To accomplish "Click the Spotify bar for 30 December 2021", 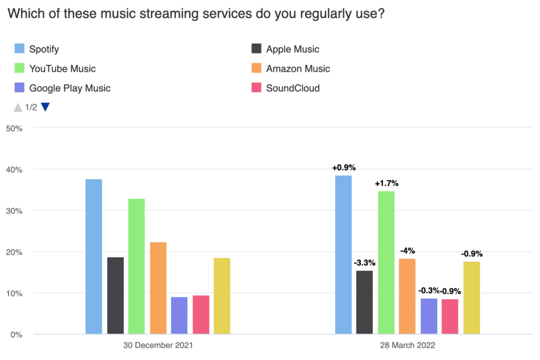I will [93, 257].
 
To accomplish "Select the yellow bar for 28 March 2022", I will [471, 298].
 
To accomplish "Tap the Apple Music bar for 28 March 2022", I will [364, 303].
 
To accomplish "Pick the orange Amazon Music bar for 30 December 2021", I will [158, 288].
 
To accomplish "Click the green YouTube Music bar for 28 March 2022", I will [386, 262].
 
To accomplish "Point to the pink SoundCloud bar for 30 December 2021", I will [201, 315].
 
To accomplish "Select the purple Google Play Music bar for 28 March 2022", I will [429, 316].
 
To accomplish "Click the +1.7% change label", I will [387, 183].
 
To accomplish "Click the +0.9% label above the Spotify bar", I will [344, 168].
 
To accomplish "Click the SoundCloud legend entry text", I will [293, 88].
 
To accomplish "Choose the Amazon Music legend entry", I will [298, 69].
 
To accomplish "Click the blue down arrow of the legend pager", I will [45, 108].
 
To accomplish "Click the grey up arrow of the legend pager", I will [18, 108].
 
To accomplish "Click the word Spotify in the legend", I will [44, 50].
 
